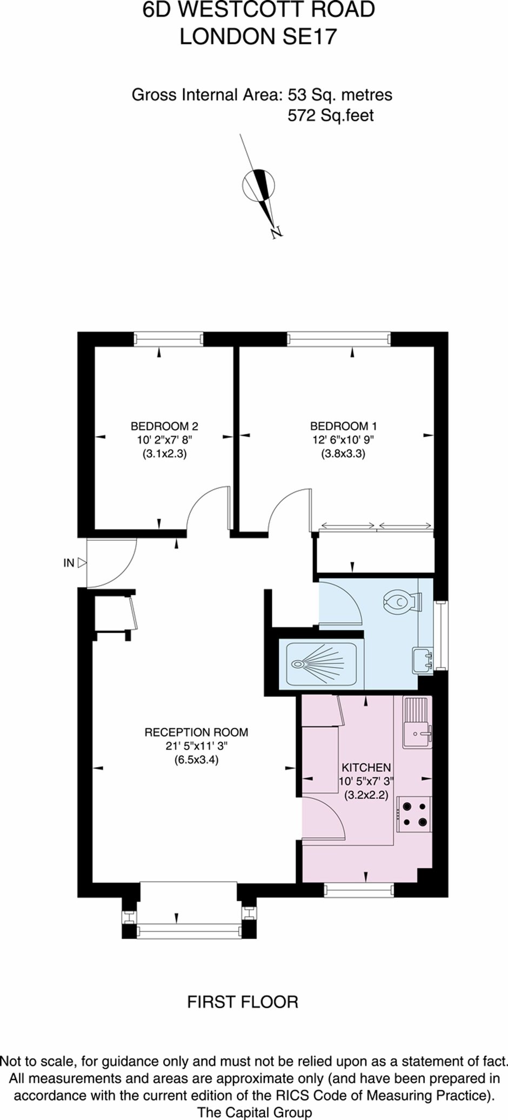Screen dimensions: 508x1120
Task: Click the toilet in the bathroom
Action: pyautogui.click(x=402, y=601)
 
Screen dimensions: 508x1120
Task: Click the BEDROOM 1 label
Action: pyautogui.click(x=343, y=426)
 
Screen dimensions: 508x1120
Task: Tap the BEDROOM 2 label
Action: pyautogui.click(x=164, y=426)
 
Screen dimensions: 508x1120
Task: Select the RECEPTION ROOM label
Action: pyautogui.click(x=196, y=732)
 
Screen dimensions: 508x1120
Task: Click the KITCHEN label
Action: pyautogui.click(x=366, y=768)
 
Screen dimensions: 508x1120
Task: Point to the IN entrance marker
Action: pyautogui.click(x=69, y=563)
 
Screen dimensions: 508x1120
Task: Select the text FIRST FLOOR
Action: pyautogui.click(x=243, y=1002)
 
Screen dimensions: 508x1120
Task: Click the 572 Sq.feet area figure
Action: pyautogui.click(x=331, y=115)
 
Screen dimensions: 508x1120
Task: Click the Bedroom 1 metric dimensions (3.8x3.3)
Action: pyautogui.click(x=343, y=454)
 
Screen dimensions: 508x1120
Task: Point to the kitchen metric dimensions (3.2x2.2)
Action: pyautogui.click(x=366, y=795)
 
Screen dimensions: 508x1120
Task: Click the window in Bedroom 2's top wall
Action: pyautogui.click(x=169, y=339)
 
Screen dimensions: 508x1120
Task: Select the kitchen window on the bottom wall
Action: pyautogui.click(x=359, y=890)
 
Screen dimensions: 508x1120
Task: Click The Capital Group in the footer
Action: pyautogui.click(x=255, y=1111)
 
